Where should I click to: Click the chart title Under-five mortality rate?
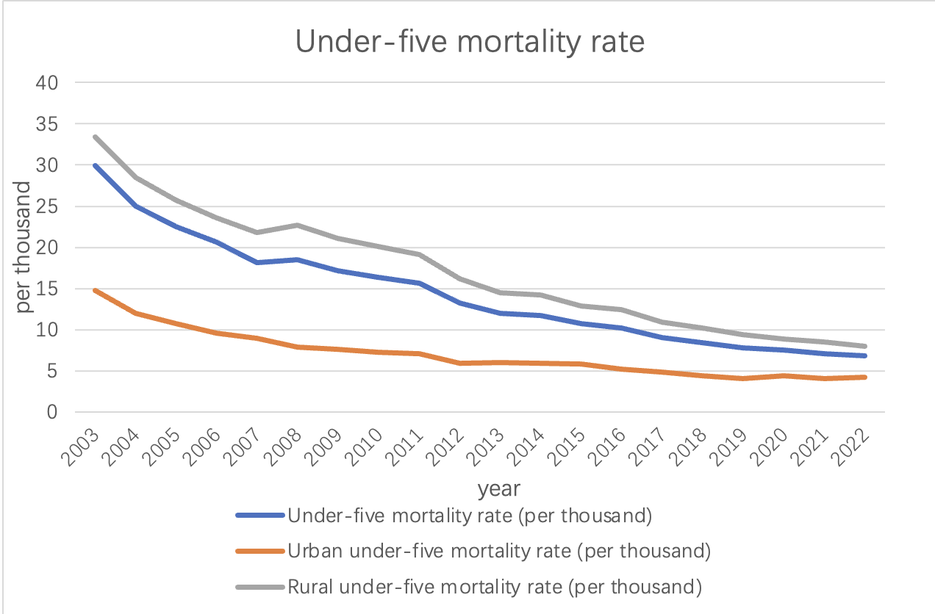click(470, 42)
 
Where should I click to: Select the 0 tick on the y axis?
click(51, 412)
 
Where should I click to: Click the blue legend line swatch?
click(259, 516)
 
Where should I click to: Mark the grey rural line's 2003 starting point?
click(95, 137)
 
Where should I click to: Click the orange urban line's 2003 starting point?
click(95, 290)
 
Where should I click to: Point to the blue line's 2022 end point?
click(866, 355)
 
